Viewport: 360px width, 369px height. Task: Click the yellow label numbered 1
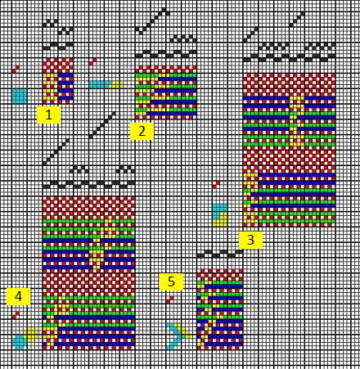coord(48,115)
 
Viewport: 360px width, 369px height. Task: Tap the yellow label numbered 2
coord(142,131)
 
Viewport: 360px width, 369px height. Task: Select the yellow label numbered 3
coord(250,240)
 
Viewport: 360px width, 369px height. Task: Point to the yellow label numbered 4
coord(18,296)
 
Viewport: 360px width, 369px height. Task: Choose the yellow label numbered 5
coord(171,281)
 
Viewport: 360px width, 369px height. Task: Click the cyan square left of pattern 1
coord(20,96)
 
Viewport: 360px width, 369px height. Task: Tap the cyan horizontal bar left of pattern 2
coord(101,84)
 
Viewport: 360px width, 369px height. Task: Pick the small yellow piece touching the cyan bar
coord(116,84)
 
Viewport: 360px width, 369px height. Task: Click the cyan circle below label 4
coord(20,342)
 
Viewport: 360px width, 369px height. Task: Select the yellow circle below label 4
coord(32,335)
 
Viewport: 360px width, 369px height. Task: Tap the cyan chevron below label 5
coord(175,336)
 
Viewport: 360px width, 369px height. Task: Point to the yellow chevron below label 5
coord(186,332)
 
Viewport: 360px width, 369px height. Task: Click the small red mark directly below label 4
coord(16,315)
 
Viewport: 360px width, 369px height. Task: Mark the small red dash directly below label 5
coord(170,300)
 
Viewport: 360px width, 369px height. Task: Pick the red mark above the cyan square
coord(16,70)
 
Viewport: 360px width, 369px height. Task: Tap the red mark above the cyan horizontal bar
coord(92,62)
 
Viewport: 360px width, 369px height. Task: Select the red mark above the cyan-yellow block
coord(216,185)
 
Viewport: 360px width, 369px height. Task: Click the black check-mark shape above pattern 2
coord(152,20)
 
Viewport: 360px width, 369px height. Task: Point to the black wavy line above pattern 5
coord(220,254)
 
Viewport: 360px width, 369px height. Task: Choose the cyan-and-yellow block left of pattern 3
coord(220,215)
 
